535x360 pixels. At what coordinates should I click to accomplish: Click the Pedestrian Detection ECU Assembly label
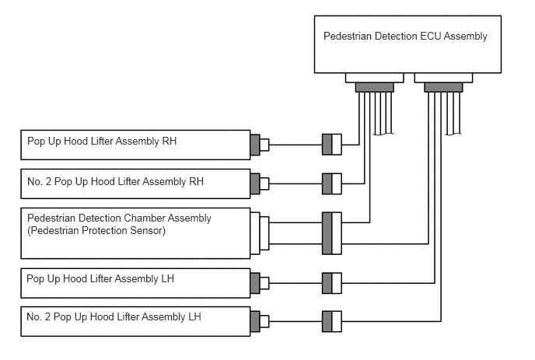pyautogui.click(x=405, y=37)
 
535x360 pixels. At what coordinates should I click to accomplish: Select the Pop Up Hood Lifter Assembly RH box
pyautogui.click(x=135, y=145)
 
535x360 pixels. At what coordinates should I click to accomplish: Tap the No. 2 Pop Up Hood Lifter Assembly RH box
pyautogui.click(x=135, y=183)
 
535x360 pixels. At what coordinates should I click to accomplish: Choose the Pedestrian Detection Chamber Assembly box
pyautogui.click(x=135, y=233)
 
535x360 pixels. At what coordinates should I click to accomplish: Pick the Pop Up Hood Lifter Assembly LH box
pyautogui.click(x=135, y=283)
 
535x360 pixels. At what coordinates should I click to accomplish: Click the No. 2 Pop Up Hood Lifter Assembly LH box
pyautogui.click(x=135, y=321)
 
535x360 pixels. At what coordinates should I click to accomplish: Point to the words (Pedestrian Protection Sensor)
pyautogui.click(x=96, y=231)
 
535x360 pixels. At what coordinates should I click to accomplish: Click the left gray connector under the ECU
pyautogui.click(x=375, y=87)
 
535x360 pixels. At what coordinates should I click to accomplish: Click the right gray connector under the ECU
pyautogui.click(x=443, y=87)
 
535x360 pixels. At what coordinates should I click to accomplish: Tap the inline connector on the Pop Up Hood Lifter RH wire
pyautogui.click(x=332, y=145)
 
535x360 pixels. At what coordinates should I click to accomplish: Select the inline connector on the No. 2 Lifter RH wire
pyautogui.click(x=332, y=183)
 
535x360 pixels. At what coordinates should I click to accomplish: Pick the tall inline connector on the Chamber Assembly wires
pyautogui.click(x=332, y=233)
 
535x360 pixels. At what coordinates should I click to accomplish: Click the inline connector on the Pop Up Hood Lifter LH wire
pyautogui.click(x=332, y=283)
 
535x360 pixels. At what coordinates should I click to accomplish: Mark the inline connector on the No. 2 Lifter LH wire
pyautogui.click(x=332, y=321)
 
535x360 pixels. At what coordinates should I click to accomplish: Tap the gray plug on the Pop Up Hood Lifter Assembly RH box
pyautogui.click(x=255, y=145)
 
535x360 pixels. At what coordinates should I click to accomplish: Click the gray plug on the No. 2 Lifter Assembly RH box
pyautogui.click(x=255, y=183)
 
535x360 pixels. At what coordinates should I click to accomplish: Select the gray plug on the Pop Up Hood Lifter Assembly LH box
pyautogui.click(x=255, y=283)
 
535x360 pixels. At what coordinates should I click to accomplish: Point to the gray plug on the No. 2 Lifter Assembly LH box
pyautogui.click(x=255, y=321)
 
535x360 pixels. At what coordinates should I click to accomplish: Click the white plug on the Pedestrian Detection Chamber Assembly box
pyautogui.click(x=260, y=233)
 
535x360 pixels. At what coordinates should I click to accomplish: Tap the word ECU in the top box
pyautogui.click(x=431, y=37)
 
